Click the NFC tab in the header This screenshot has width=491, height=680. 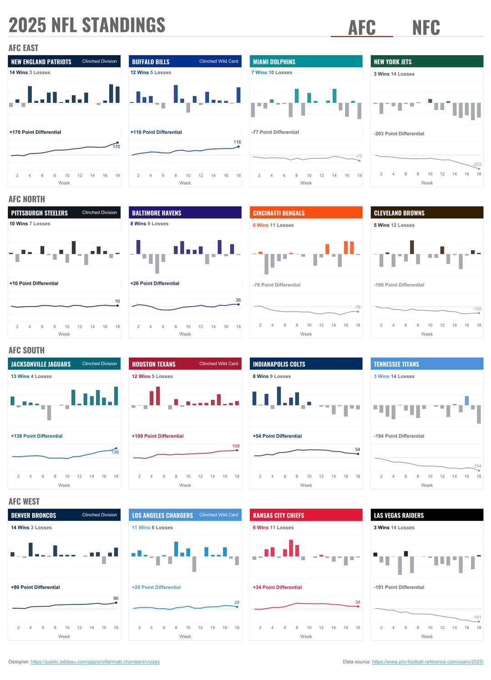426,28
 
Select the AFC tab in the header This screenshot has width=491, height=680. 362,28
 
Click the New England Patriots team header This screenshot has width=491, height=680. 41,62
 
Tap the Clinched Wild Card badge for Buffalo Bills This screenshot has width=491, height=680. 219,61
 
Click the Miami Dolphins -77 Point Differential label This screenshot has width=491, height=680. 275,132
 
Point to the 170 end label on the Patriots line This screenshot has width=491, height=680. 116,147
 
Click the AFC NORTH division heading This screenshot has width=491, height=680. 27,199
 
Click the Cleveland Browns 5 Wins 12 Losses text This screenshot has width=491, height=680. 394,225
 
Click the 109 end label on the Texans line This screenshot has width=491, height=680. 236,446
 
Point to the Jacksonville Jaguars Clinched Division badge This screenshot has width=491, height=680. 100,364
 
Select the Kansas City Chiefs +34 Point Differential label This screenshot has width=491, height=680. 277,587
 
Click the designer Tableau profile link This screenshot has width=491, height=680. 95,662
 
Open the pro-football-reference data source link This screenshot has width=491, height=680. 427,662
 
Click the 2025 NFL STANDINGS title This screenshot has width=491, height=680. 87,25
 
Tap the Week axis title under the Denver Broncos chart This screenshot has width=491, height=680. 64,636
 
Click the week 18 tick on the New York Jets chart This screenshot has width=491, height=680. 479,174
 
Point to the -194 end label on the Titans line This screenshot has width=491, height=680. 477,466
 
